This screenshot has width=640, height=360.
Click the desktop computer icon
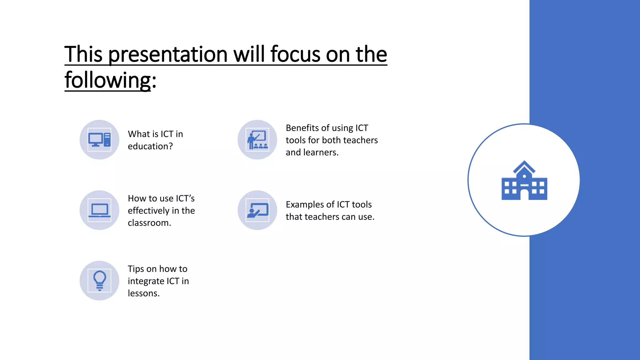point(99,140)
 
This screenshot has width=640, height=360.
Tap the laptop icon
point(99,210)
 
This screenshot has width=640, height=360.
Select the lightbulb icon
point(99,281)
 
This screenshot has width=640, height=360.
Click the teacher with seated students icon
point(257,140)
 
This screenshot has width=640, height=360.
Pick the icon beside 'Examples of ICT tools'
point(257,210)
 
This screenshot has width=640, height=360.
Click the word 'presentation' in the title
point(168,54)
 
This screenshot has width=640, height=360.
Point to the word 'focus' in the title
point(295,54)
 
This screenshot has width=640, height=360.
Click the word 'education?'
point(150,146)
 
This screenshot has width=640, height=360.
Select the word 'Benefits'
point(302,128)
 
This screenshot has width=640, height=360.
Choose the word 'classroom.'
point(149,223)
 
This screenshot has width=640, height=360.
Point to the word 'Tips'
point(136,269)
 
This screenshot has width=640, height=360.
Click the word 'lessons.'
point(143,293)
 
